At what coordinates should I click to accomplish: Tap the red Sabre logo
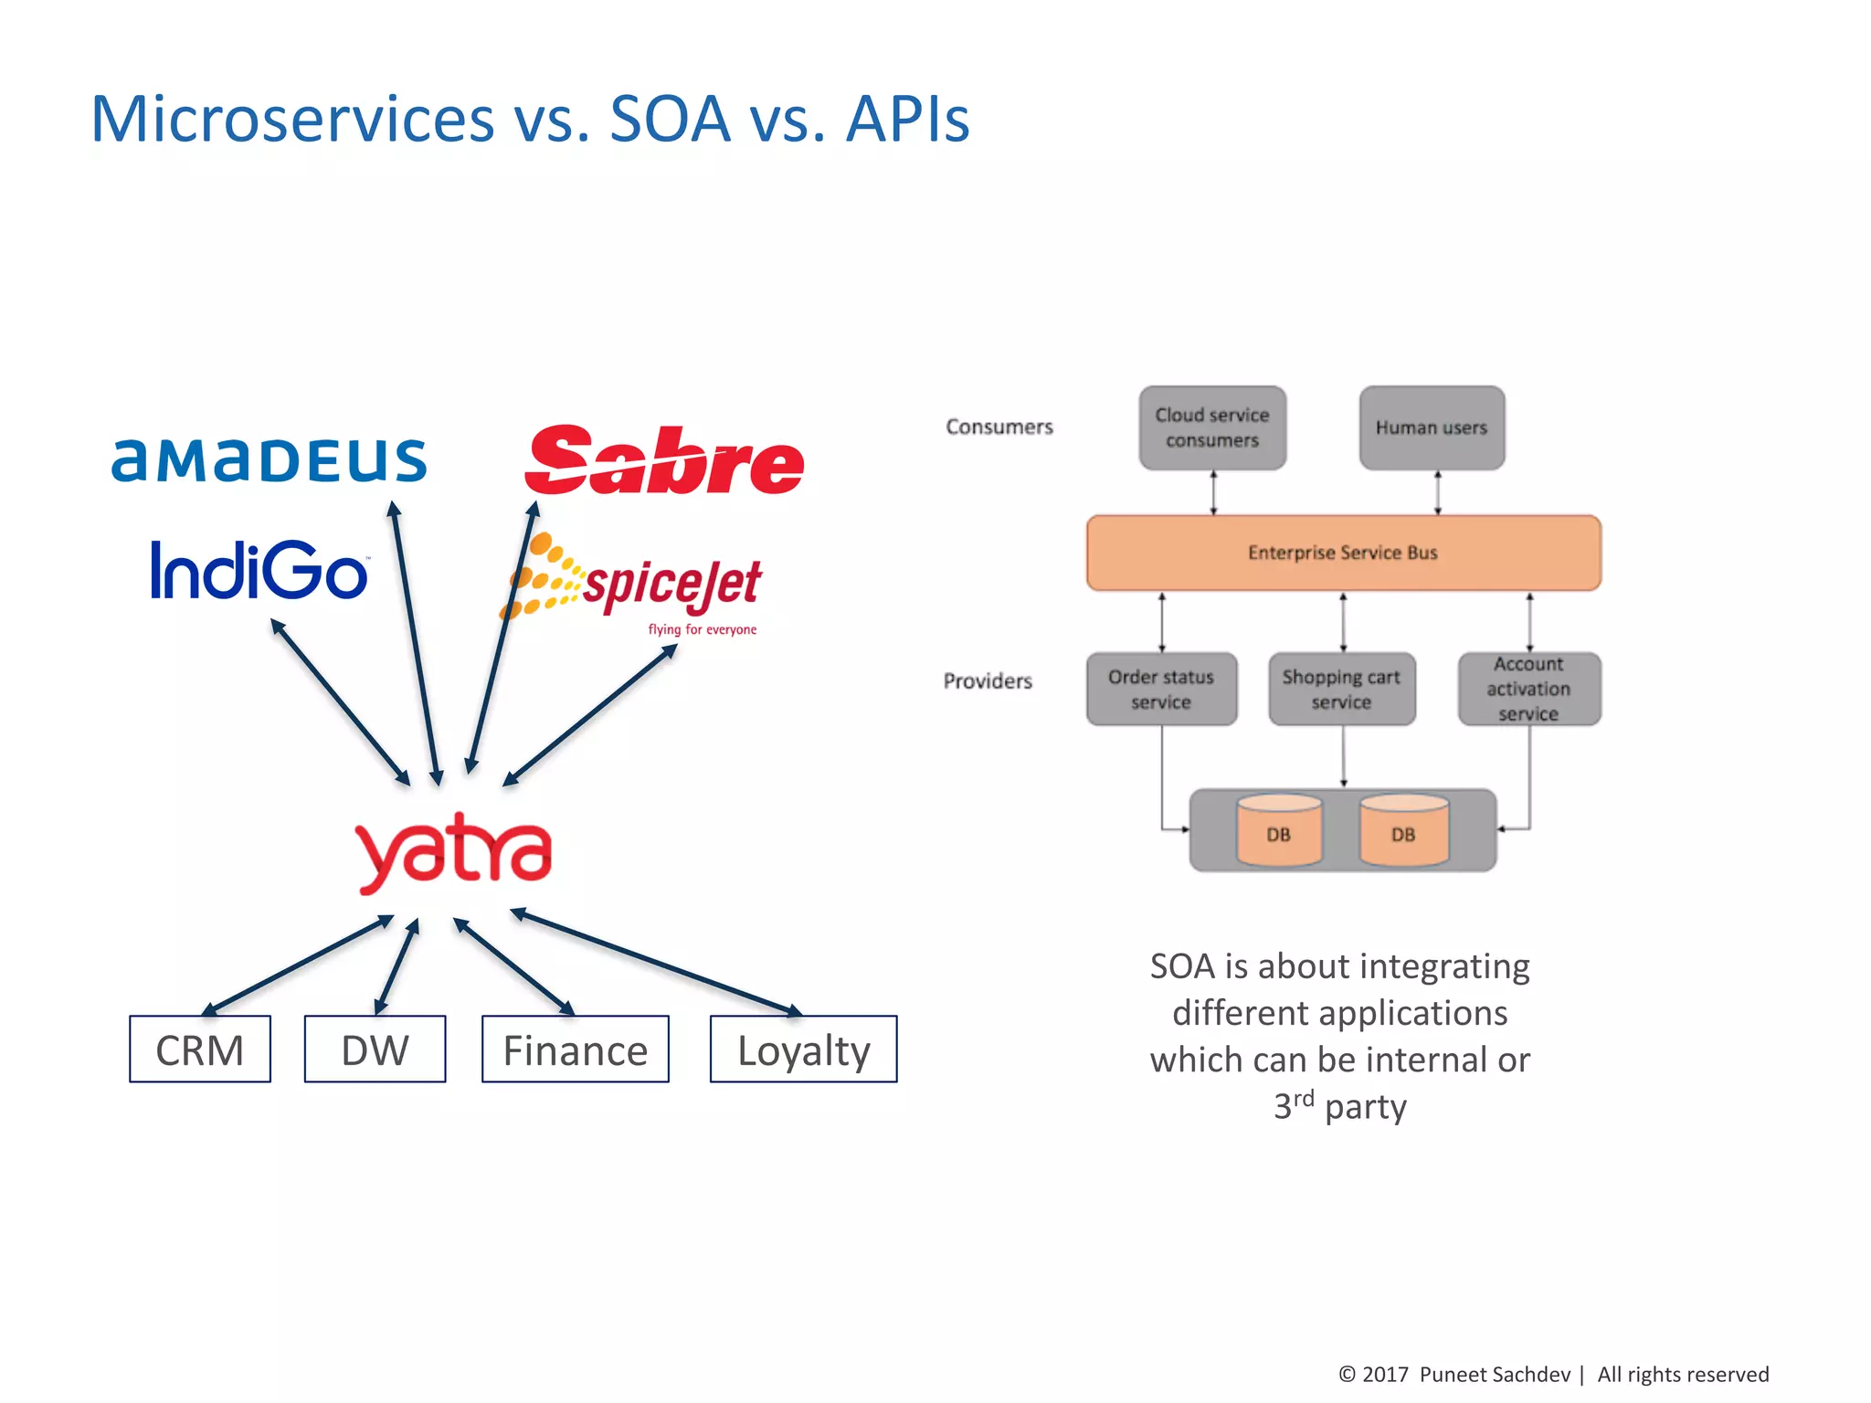click(664, 461)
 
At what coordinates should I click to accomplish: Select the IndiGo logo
click(259, 571)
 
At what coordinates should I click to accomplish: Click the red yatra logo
click(454, 851)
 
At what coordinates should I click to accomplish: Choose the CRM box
click(200, 1050)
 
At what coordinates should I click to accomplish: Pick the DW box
click(375, 1050)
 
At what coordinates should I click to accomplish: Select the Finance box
click(576, 1050)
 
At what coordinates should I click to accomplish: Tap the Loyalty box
click(803, 1050)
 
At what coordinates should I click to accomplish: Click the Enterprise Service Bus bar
click(1343, 553)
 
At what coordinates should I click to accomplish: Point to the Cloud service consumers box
click(1212, 427)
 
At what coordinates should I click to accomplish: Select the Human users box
click(1432, 427)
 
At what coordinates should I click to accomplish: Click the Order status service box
click(1161, 690)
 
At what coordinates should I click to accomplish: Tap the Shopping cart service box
click(1341, 690)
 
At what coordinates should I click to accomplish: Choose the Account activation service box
click(1528, 690)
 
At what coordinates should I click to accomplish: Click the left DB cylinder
click(1278, 831)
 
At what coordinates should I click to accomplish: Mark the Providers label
click(988, 681)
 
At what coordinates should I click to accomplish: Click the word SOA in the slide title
click(670, 120)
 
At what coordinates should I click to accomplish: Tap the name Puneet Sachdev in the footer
click(1495, 1375)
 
